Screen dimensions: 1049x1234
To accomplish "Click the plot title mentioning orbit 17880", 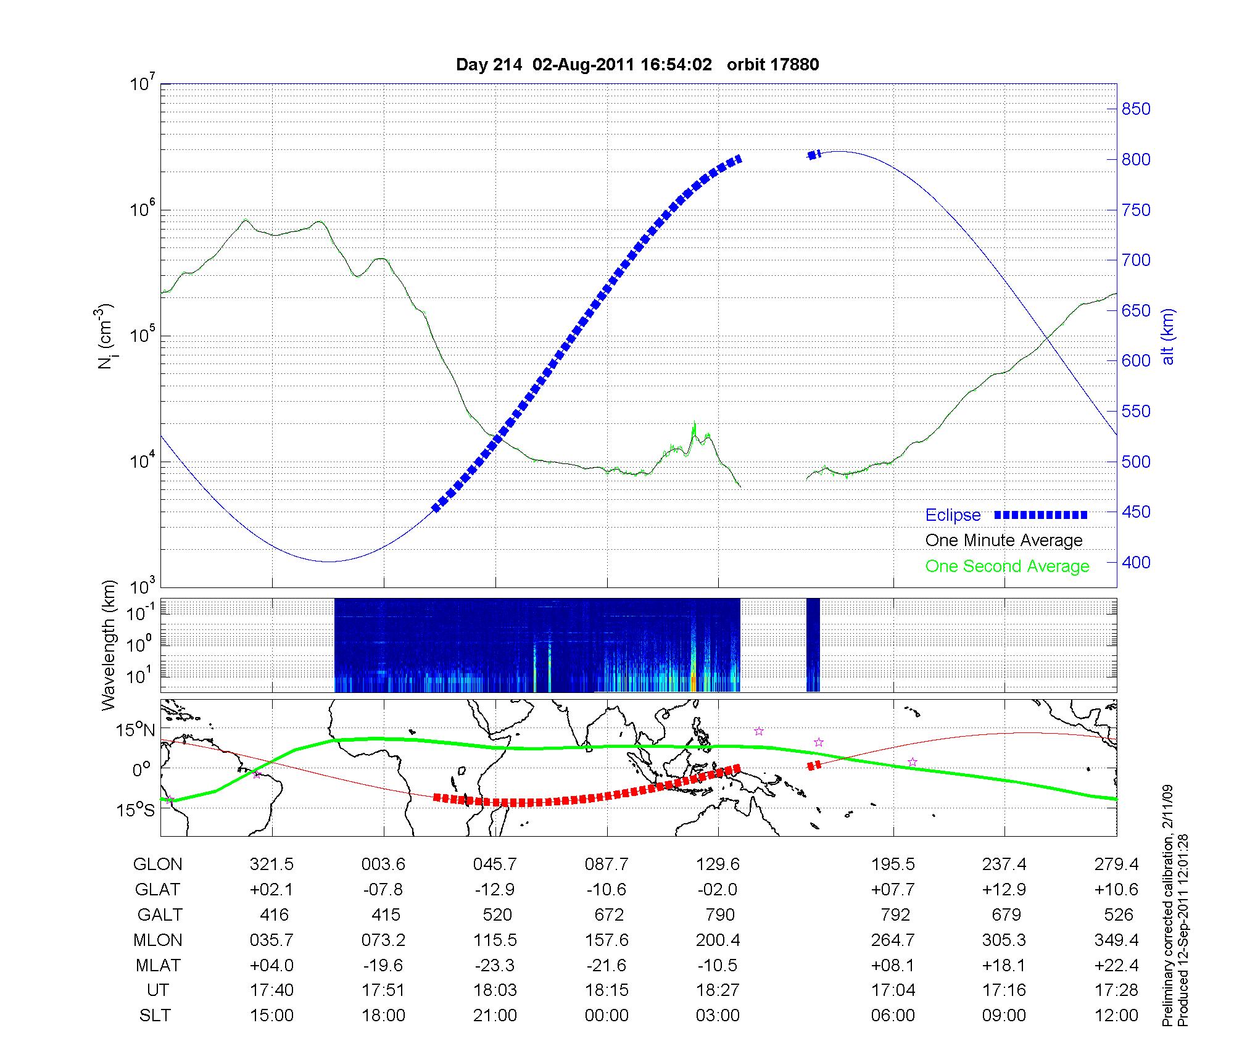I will click(x=637, y=65).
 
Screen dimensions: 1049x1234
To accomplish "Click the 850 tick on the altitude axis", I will click(x=1135, y=109).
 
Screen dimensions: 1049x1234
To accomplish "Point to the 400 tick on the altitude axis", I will click(x=1135, y=562).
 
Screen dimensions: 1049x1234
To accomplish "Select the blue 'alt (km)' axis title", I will click(x=1168, y=336).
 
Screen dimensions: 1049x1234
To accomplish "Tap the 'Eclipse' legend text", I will click(x=953, y=515).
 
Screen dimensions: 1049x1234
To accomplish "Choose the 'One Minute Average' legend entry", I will click(x=1004, y=541).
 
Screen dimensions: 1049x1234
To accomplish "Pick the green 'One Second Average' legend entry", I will click(x=1007, y=566).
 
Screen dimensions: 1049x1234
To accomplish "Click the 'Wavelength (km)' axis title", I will click(x=109, y=645).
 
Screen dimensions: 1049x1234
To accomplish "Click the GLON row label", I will click(x=157, y=864).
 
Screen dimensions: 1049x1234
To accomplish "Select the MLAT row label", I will click(x=157, y=965).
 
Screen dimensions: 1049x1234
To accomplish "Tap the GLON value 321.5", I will click(x=271, y=864).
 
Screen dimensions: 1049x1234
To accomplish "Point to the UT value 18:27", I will click(x=718, y=990).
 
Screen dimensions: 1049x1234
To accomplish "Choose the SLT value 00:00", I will click(x=607, y=1016).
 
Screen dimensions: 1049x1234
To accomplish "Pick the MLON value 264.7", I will click(x=893, y=940).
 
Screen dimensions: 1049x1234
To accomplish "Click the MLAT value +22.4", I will click(x=1116, y=965).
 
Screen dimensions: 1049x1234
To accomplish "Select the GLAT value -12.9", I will click(x=495, y=890).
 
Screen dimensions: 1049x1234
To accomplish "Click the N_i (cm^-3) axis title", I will click(x=106, y=336).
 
